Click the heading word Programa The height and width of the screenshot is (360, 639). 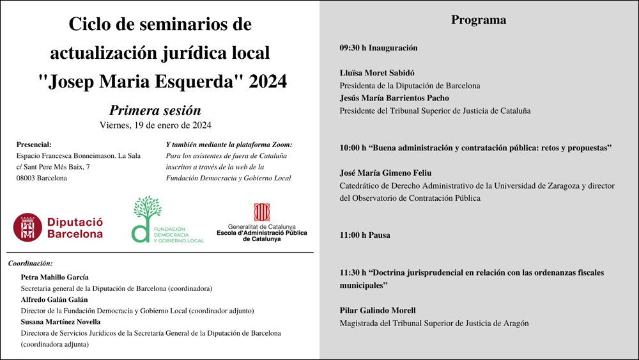pyautogui.click(x=479, y=20)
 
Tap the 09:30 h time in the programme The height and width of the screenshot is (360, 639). pyautogui.click(x=352, y=48)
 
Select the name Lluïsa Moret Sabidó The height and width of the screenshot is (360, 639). pyautogui.click(x=377, y=73)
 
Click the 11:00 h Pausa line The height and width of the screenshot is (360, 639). pyautogui.click(x=365, y=235)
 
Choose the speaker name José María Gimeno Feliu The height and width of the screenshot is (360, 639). pyautogui.click(x=385, y=173)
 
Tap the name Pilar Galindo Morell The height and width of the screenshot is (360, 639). pyautogui.click(x=378, y=311)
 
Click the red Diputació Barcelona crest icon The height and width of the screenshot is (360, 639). pyautogui.click(x=27, y=227)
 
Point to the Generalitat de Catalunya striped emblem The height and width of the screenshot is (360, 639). pyautogui.click(x=261, y=212)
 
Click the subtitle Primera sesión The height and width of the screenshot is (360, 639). pyautogui.click(x=155, y=110)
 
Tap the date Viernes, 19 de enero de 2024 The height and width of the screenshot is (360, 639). pyautogui.click(x=155, y=125)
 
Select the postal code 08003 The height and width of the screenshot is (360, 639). pyautogui.click(x=27, y=178)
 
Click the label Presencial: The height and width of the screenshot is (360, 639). pyautogui.click(x=34, y=145)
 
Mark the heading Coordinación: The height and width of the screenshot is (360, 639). pyautogui.click(x=30, y=263)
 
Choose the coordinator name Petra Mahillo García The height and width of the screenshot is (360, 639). pyautogui.click(x=55, y=277)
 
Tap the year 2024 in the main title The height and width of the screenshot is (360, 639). pyautogui.click(x=268, y=82)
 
